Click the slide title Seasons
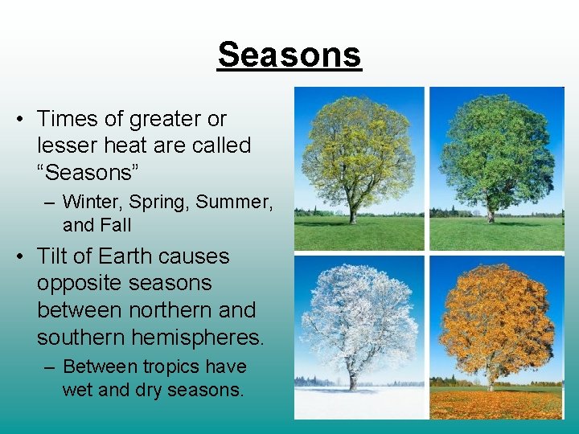(289, 55)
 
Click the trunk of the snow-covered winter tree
(352, 379)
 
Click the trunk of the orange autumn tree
(490, 379)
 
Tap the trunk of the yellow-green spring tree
(352, 213)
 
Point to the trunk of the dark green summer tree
(490, 213)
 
